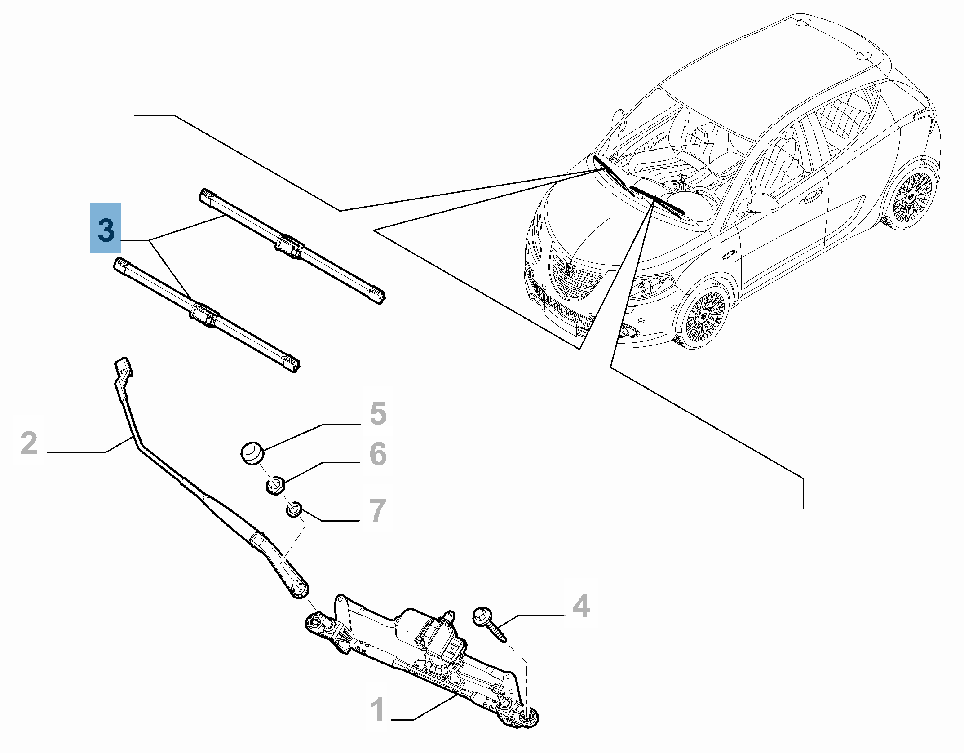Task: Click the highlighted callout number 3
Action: coord(106,228)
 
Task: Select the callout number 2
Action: coord(29,443)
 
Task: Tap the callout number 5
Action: coord(378,413)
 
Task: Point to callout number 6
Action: coord(378,454)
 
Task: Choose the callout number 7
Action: coord(378,510)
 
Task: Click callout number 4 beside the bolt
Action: coord(581,606)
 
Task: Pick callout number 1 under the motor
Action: coord(378,709)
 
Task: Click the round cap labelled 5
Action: coord(252,453)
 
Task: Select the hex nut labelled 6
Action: coord(275,486)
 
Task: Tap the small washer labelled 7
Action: coord(294,510)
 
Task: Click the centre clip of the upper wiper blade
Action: coord(290,247)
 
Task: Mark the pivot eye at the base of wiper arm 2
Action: coord(298,588)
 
